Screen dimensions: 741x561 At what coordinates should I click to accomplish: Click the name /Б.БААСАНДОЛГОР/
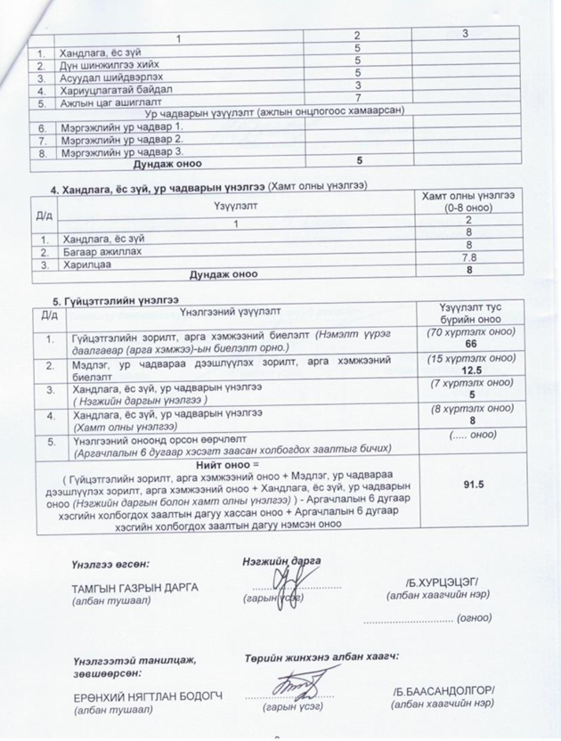coord(443,691)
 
